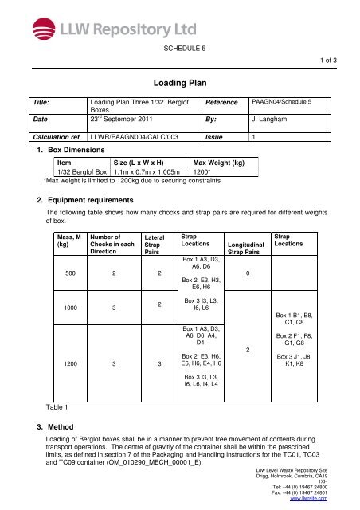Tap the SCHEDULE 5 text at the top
click(180, 49)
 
